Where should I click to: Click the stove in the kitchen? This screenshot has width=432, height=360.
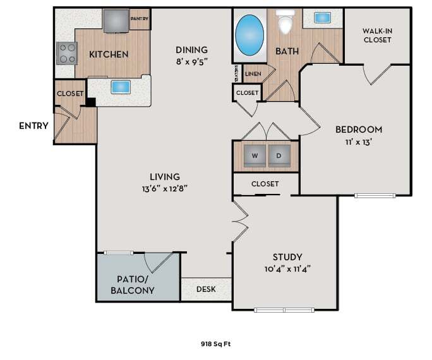click(67, 54)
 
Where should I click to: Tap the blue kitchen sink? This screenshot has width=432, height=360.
click(121, 87)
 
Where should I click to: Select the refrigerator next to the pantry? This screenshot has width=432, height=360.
click(116, 21)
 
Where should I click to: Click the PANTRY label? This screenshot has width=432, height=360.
click(140, 19)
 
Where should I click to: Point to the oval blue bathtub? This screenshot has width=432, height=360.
click(249, 35)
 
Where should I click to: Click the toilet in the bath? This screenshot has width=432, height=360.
click(285, 21)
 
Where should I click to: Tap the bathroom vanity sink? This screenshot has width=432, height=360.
click(322, 18)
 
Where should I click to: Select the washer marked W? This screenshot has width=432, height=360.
click(255, 156)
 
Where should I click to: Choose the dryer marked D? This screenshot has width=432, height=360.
click(279, 156)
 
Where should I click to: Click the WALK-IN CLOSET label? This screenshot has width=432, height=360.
click(377, 35)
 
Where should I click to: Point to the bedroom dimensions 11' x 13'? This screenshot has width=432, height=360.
click(359, 142)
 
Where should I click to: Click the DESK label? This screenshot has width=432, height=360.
click(206, 289)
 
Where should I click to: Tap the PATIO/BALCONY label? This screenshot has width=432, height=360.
click(133, 285)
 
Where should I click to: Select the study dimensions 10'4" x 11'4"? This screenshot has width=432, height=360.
click(287, 269)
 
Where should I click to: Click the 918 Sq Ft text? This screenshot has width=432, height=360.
click(216, 344)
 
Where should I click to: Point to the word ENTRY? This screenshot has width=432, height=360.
click(33, 126)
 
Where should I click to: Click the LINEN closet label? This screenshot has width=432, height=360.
click(253, 74)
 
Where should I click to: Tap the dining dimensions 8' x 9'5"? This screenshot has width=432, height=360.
click(191, 62)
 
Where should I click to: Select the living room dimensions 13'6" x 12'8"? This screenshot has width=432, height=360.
click(165, 189)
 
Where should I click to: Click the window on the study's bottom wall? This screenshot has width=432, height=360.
click(284, 310)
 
